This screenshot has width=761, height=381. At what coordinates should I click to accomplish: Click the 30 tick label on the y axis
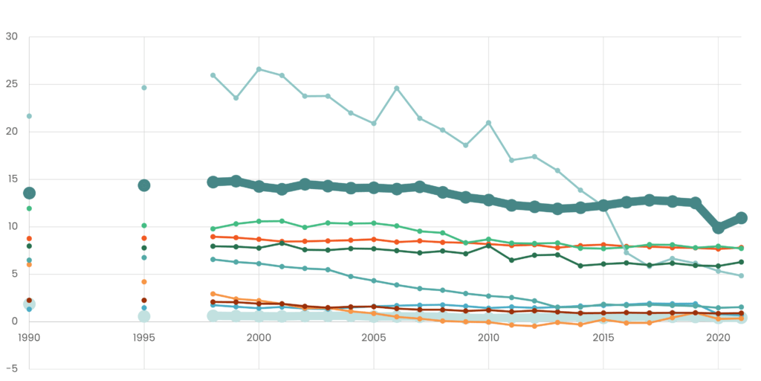[x=11, y=36]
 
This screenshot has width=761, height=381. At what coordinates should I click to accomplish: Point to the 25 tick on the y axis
[x=11, y=84]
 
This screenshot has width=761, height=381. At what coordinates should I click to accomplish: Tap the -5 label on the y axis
[x=11, y=368]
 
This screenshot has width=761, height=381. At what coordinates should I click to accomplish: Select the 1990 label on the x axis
[x=29, y=337]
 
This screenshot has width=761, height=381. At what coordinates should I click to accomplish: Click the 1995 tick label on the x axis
[x=144, y=337]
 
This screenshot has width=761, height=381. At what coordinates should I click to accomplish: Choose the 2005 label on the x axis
[x=374, y=337]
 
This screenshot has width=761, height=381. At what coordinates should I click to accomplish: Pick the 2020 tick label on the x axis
[x=718, y=337]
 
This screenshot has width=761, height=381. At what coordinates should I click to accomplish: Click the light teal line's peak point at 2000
[x=259, y=69]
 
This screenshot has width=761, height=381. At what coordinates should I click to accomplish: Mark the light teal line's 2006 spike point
[x=397, y=89]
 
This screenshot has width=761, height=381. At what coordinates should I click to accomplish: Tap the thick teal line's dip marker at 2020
[x=719, y=228]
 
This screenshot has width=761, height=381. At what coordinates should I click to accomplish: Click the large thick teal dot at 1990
[x=29, y=193]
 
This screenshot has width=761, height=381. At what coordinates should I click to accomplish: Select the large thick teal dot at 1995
[x=144, y=185]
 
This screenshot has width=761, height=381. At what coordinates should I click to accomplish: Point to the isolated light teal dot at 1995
[x=144, y=88]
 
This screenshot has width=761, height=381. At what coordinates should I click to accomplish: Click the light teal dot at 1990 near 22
[x=29, y=116]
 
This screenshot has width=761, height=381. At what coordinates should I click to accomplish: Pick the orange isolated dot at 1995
[x=144, y=281]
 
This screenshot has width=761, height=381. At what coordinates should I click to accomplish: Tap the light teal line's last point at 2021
[x=741, y=276]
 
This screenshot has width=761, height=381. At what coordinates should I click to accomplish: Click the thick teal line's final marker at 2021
[x=741, y=218]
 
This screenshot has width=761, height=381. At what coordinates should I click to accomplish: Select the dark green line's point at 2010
[x=488, y=246]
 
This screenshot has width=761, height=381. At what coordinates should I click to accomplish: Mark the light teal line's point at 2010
[x=488, y=123]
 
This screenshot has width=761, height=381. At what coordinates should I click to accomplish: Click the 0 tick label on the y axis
[x=13, y=321]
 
